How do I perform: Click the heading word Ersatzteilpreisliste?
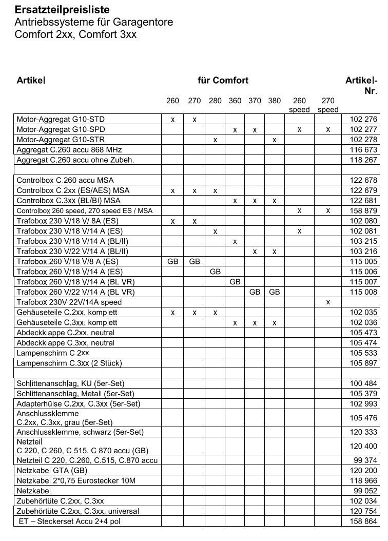coord(62,10)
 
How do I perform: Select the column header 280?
coord(215,101)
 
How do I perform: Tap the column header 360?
coord(235,101)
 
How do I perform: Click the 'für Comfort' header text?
coord(223,80)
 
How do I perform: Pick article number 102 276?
coord(363,120)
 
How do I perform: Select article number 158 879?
coord(363,210)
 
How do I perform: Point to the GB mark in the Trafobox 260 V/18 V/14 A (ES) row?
coord(215,271)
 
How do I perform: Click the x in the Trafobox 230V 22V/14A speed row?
coord(328,302)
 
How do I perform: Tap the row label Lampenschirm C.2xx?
coord(53,353)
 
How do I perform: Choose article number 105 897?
coord(363,363)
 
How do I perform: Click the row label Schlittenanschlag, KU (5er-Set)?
coord(70,383)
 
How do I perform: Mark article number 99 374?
coord(365,460)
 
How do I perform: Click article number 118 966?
coord(363,480)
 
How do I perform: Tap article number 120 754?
coord(363,511)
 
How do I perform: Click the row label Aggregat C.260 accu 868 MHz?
coord(68,150)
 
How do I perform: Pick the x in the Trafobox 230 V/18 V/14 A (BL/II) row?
coord(235,241)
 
